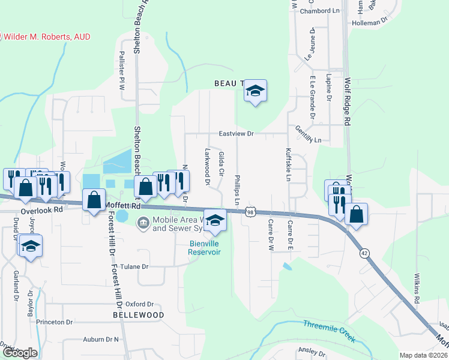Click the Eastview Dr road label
pyautogui.click(x=237, y=134)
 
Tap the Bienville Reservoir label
pyautogui.click(x=205, y=248)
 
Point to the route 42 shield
pyautogui.click(x=364, y=253)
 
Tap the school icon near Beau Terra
pyautogui.click(x=255, y=91)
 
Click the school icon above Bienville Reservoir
pyautogui.click(x=216, y=220)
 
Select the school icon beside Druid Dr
pyautogui.click(x=31, y=246)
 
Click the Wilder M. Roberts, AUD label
pyautogui.click(x=47, y=37)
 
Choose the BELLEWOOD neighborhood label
pyautogui.click(x=139, y=314)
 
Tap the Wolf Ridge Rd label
pyautogui.click(x=347, y=100)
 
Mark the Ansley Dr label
pyautogui.click(x=311, y=350)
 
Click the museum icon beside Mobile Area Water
pyautogui.click(x=143, y=224)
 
